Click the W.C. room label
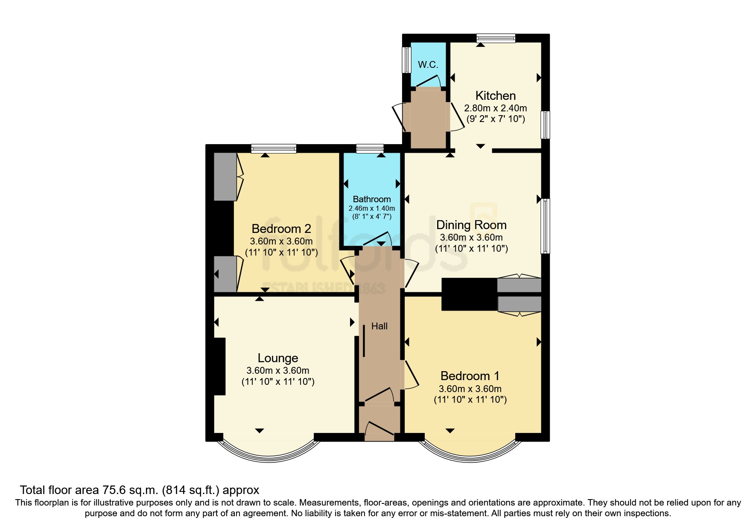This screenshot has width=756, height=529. tap(428, 65)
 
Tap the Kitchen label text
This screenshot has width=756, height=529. tap(495, 96)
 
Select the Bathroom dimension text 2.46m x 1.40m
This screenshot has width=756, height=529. tap(371, 209)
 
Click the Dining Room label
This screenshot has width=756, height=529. tap(471, 225)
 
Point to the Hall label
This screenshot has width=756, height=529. tap(379, 326)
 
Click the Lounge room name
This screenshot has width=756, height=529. tap(278, 358)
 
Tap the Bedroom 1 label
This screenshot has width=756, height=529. tap(470, 376)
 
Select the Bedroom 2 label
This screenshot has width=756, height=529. tap(281, 229)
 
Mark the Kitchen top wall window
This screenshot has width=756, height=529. tap(496, 38)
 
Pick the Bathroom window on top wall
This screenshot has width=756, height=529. tap(370, 148)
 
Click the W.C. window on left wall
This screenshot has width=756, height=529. tap(406, 60)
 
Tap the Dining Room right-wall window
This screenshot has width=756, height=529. tap(545, 226)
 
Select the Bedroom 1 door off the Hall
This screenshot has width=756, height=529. tap(410, 375)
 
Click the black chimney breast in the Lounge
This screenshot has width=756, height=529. tap(219, 366)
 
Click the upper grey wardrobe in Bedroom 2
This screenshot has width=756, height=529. tap(225, 177)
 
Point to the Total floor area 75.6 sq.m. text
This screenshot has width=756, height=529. tap(139, 490)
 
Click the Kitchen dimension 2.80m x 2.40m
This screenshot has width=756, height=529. tap(495, 108)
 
